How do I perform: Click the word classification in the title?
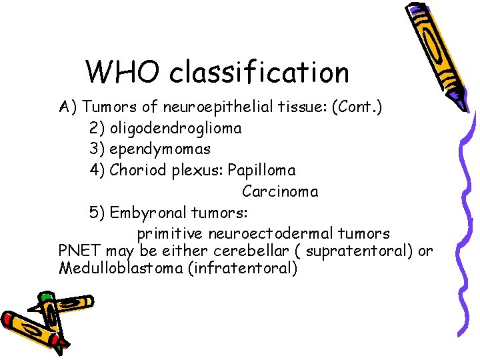(259, 72)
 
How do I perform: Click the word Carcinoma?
(280, 191)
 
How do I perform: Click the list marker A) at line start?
(68, 106)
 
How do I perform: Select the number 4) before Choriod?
(97, 170)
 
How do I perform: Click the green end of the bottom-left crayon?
(45, 297)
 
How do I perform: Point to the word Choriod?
(137, 170)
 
